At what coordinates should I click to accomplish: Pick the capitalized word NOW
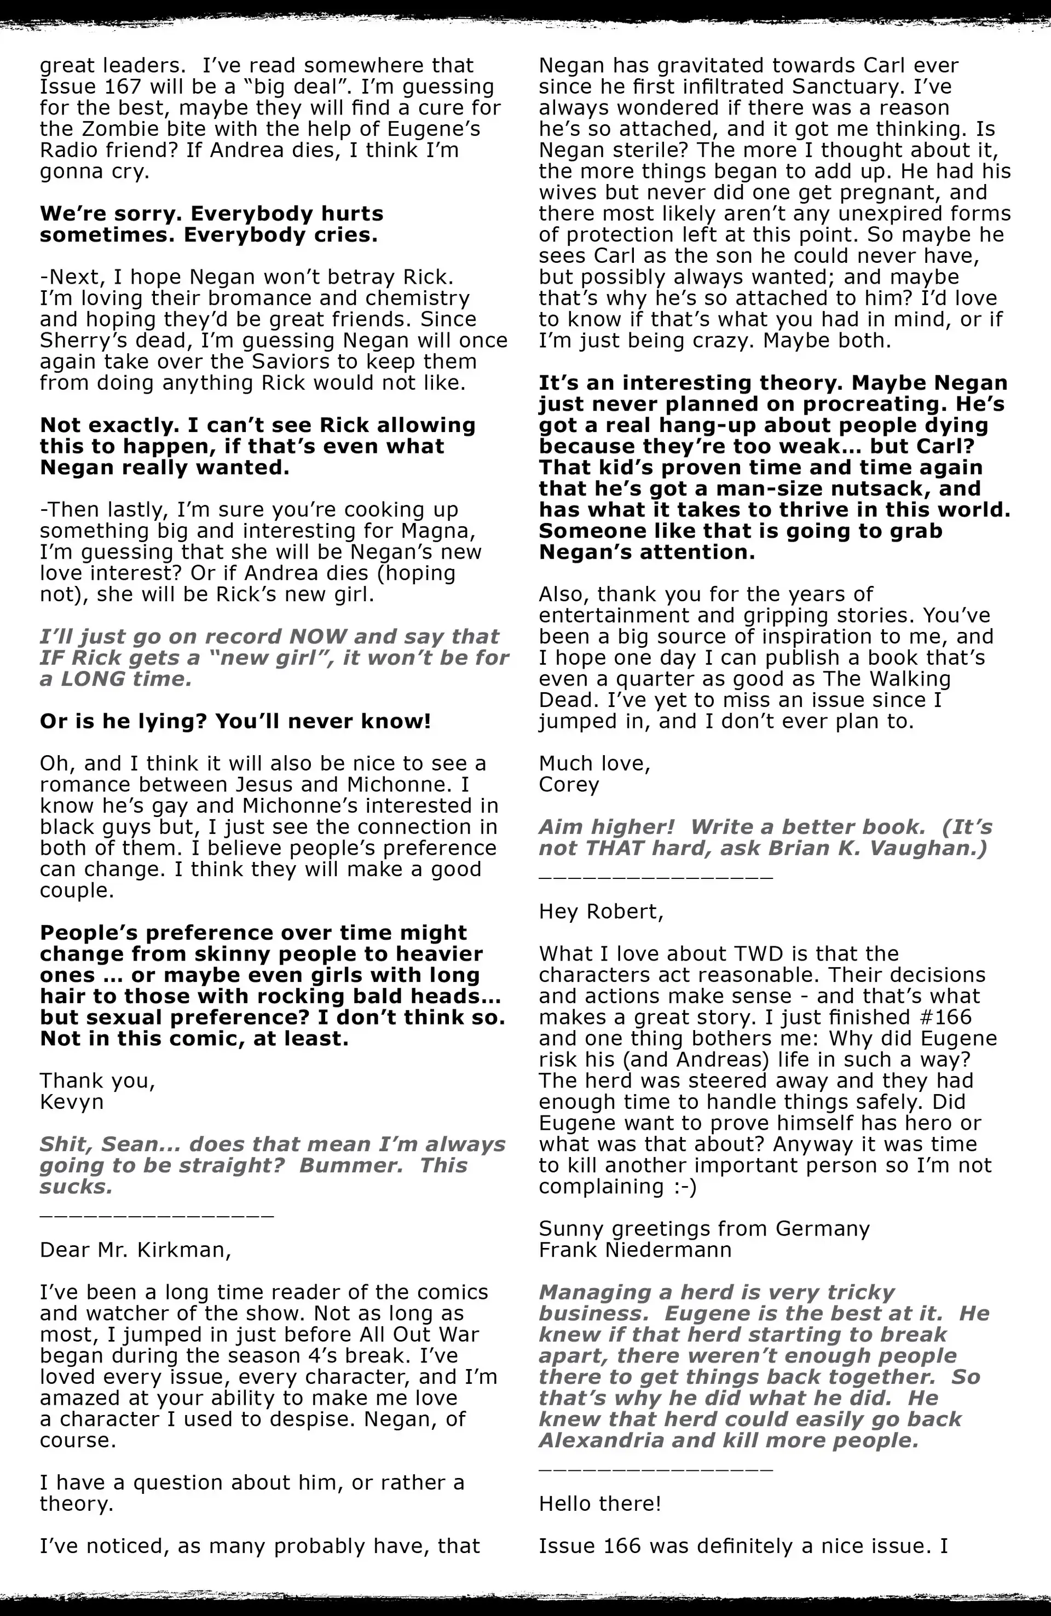(317, 636)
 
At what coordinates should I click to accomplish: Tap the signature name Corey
(569, 784)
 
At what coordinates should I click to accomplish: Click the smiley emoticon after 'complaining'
(684, 1186)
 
